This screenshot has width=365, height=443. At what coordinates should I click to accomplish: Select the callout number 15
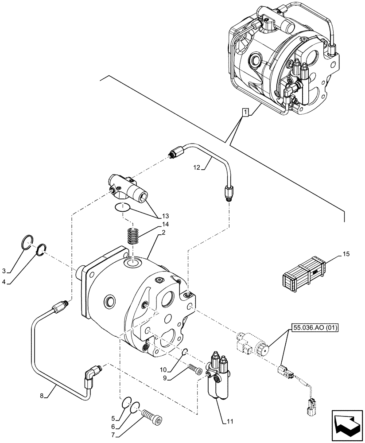pos(346,254)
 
